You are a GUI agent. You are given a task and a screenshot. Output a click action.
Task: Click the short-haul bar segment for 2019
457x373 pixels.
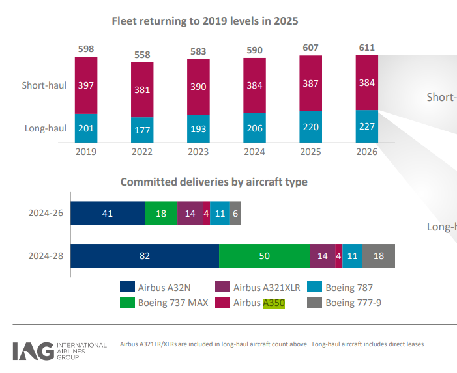pos(86,85)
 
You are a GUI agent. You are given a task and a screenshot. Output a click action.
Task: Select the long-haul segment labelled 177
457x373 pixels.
pos(142,130)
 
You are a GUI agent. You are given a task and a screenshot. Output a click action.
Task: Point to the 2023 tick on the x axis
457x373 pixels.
pos(198,151)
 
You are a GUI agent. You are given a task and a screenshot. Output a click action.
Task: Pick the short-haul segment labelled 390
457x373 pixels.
pos(198,87)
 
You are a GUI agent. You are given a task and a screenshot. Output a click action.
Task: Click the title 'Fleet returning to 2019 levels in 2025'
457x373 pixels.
pos(205,21)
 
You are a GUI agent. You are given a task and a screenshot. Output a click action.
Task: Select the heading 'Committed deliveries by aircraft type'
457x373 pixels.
pos(214,182)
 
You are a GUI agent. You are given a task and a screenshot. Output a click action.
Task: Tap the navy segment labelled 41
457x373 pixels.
pos(108,213)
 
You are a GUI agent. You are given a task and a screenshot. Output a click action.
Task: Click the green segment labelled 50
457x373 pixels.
pos(264,256)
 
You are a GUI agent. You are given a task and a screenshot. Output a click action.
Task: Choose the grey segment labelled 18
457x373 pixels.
pos(378,256)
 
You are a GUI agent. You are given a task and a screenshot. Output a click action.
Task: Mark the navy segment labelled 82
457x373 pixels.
pos(145,256)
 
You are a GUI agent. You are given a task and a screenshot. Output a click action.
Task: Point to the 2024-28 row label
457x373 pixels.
pos(46,256)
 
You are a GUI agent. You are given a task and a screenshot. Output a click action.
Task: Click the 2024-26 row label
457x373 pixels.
pos(46,213)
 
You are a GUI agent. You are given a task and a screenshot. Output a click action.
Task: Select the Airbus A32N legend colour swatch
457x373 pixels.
pos(127,287)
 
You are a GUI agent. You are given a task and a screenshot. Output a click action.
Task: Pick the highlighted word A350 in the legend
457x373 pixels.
pos(274,302)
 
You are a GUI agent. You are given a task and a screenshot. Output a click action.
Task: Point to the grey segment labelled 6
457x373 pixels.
pos(235,213)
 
